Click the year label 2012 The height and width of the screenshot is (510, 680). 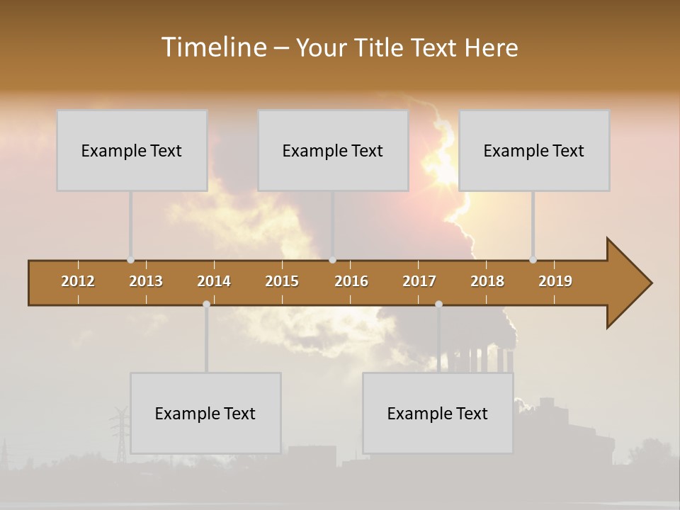click(78, 281)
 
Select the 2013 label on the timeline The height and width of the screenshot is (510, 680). click(146, 281)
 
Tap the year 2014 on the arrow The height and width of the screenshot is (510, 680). click(214, 281)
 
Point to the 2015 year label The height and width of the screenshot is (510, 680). click(282, 281)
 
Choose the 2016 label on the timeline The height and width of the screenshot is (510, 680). click(351, 281)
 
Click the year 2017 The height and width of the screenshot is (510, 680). click(419, 281)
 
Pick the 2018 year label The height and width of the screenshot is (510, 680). click(487, 281)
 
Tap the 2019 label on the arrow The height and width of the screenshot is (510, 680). click(555, 281)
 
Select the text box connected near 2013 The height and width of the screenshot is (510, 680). click(132, 150)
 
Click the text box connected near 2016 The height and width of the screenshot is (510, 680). click(333, 150)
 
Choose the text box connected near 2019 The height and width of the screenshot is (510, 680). click(534, 150)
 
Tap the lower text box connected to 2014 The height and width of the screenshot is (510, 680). click(205, 413)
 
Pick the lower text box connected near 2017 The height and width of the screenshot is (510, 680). click(438, 413)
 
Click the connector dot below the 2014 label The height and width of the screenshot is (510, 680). click(206, 304)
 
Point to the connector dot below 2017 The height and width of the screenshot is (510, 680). click(438, 304)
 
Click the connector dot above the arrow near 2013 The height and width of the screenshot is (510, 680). click(130, 260)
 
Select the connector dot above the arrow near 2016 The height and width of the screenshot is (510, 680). click(333, 260)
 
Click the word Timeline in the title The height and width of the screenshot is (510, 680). click(213, 47)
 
